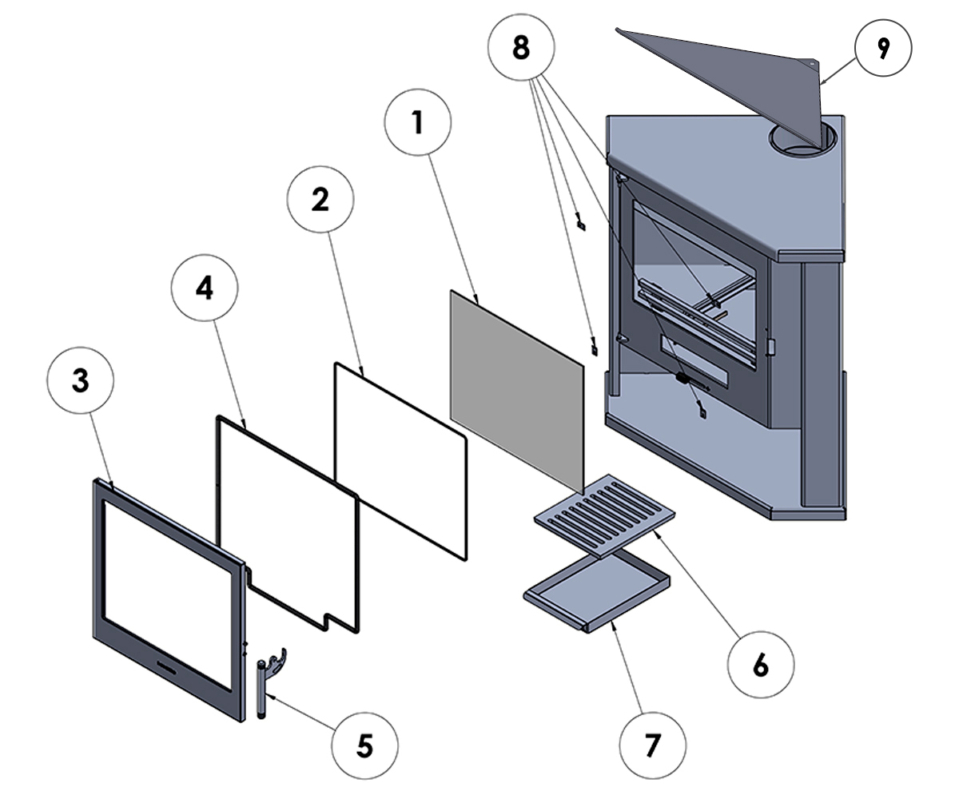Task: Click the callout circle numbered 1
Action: pyautogui.click(x=417, y=122)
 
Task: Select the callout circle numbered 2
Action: pyautogui.click(x=320, y=199)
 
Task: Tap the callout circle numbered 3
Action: pyautogui.click(x=81, y=380)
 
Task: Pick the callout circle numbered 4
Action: pyautogui.click(x=205, y=288)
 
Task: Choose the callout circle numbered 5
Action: pyautogui.click(x=364, y=745)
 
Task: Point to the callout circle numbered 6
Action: pyautogui.click(x=761, y=665)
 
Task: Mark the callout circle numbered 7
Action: pyautogui.click(x=653, y=745)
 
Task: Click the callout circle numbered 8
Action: pyautogui.click(x=521, y=47)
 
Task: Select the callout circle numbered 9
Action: pyautogui.click(x=883, y=48)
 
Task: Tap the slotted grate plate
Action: pyautogui.click(x=604, y=515)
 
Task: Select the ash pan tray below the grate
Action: pyautogui.click(x=597, y=592)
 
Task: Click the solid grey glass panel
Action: pyautogui.click(x=517, y=392)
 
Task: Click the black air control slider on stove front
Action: pyautogui.click(x=683, y=379)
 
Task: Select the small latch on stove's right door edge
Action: pyautogui.click(x=770, y=347)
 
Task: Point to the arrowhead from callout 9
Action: pyautogui.click(x=822, y=82)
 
